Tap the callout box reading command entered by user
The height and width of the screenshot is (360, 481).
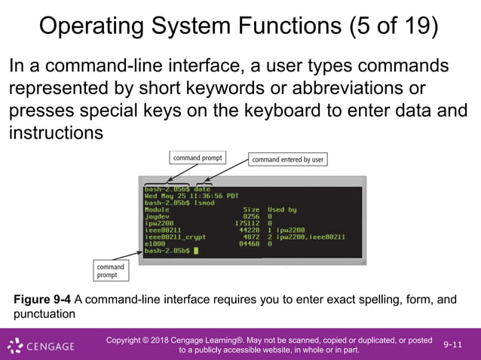(x=288, y=160)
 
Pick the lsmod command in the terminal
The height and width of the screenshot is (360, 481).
(x=205, y=203)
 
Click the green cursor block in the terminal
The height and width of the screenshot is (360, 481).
(x=195, y=250)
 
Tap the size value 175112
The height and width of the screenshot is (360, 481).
(x=247, y=223)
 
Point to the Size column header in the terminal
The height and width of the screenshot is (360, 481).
(x=251, y=209)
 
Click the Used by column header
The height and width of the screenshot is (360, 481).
(x=282, y=209)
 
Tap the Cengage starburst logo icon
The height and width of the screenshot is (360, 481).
(x=15, y=346)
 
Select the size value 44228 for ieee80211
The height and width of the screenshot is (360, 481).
(x=248, y=230)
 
